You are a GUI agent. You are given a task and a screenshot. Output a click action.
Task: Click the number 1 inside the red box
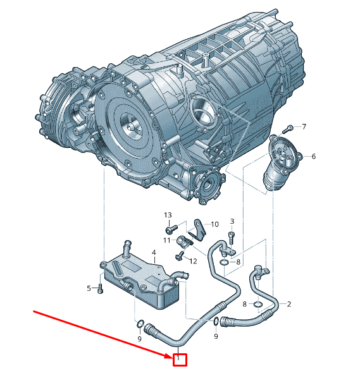(179, 360)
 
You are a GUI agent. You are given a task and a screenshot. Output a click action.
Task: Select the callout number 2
(289, 304)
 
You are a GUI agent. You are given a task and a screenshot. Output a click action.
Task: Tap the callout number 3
(232, 221)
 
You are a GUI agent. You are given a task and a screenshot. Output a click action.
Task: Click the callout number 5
(89, 288)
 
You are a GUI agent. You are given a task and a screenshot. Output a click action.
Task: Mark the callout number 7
(304, 127)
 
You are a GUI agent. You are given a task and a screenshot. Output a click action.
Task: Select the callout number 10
(214, 224)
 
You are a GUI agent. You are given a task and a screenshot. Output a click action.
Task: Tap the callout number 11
(167, 240)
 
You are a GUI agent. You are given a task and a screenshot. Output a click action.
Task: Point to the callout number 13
(168, 216)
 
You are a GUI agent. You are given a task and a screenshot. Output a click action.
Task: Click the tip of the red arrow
(172, 357)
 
